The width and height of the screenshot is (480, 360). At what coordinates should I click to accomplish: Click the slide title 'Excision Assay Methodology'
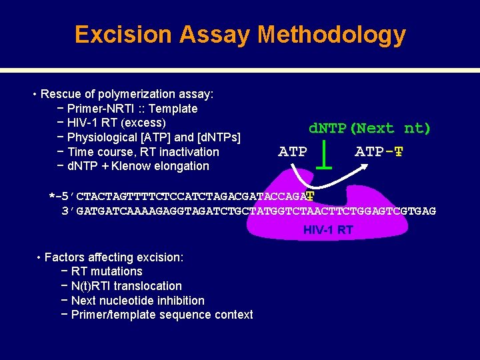[240, 34]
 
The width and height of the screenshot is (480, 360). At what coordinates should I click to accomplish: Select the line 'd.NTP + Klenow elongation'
[138, 166]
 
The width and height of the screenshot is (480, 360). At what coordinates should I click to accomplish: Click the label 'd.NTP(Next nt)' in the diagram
[369, 128]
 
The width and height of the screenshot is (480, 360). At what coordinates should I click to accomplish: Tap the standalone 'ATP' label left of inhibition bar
[292, 152]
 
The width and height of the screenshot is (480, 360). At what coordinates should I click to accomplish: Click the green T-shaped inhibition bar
[324, 153]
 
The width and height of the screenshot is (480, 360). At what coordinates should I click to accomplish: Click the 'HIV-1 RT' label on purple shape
[328, 230]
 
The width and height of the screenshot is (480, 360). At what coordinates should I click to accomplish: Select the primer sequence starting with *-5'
[180, 197]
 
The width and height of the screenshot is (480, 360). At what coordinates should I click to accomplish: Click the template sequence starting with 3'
[248, 211]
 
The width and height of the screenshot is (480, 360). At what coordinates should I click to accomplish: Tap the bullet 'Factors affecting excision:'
[113, 257]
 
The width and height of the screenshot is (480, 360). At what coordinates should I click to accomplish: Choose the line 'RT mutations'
[106, 271]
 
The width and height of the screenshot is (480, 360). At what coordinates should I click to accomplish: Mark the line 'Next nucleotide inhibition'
[137, 301]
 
